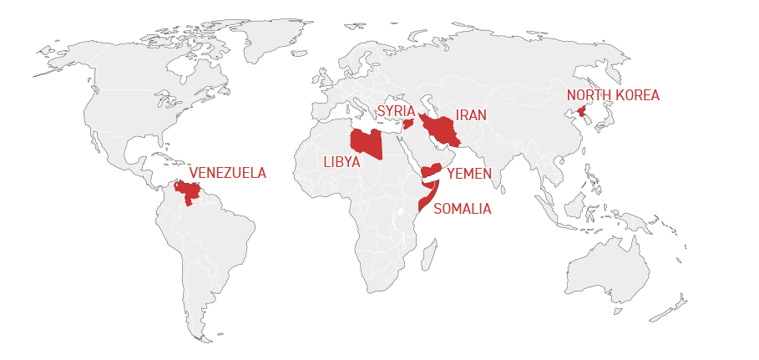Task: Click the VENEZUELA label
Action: pos(227,174)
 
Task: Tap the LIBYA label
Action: pos(342,162)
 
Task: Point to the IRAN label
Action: pos(471,115)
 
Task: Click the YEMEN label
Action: pos(469,174)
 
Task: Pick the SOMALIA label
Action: pos(463,209)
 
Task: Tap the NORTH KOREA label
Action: pos(613,95)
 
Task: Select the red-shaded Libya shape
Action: pos(367,143)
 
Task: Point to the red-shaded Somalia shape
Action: pos(427,196)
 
